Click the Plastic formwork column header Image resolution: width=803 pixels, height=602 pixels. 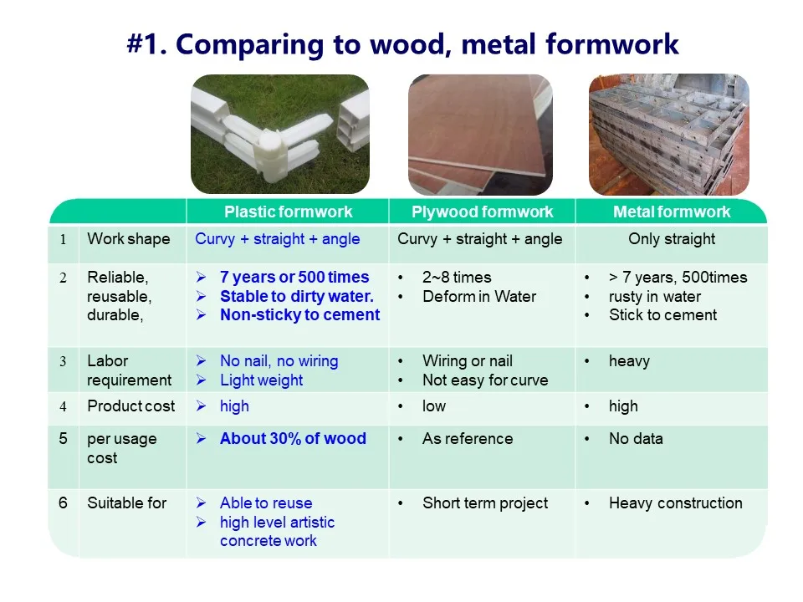coord(288,212)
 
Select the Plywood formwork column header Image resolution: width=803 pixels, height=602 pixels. coord(482,212)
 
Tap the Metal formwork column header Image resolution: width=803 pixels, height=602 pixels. coord(672,212)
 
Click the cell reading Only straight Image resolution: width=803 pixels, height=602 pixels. coord(672,239)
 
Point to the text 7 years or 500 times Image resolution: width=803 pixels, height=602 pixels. coord(294,277)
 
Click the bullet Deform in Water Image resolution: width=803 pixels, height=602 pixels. coord(479,296)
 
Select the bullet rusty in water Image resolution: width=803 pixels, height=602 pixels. coord(655,296)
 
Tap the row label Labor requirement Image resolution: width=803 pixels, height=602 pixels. coord(129,370)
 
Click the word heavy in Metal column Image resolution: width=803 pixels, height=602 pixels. coord(629,361)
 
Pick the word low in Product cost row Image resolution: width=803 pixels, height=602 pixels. coord(434,406)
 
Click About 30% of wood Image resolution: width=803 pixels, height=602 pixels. coord(293,438)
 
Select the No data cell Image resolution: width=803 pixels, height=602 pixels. coord(636,438)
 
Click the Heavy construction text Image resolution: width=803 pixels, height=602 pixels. coord(675,503)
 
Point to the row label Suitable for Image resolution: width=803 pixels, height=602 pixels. coord(126,503)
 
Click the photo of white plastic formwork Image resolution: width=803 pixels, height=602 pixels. coord(280,134)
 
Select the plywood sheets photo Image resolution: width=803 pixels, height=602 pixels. coord(480,134)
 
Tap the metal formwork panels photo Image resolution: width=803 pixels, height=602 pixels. coord(669,134)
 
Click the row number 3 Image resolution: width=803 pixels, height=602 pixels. coord(63,362)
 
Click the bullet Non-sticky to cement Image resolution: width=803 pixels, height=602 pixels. coord(299,315)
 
